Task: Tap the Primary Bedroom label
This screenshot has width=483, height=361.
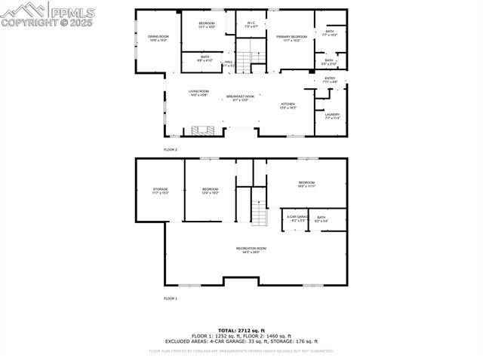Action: click(291, 37)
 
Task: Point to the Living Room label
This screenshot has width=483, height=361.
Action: click(198, 93)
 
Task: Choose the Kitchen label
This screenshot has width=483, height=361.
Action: click(288, 106)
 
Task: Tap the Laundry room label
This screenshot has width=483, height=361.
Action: click(333, 116)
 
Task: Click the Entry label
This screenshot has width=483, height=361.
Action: click(330, 79)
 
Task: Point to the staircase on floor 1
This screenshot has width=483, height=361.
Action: click(259, 214)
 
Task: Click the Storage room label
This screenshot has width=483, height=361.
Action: click(160, 190)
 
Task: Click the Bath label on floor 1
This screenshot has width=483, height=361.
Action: click(321, 218)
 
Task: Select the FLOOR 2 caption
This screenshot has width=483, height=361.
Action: click(171, 150)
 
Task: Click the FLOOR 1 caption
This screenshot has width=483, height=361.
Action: click(171, 298)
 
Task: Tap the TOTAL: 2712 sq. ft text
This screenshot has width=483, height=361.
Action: click(241, 330)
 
